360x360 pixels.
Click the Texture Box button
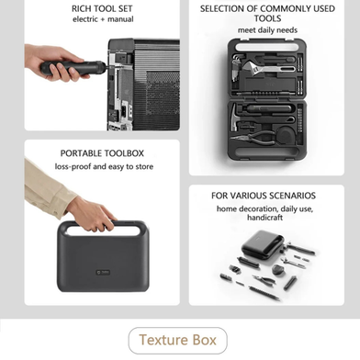(177, 341)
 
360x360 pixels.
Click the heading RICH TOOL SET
(102, 8)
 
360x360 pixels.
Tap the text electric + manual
(103, 19)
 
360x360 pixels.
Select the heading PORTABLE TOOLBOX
(102, 153)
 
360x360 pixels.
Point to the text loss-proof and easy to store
(104, 166)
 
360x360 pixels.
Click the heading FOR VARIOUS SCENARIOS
(264, 196)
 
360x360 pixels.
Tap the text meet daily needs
(267, 30)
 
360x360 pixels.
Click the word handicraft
(265, 218)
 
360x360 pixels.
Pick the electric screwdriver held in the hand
(73, 67)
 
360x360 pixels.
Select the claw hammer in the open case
(236, 118)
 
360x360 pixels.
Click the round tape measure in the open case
(287, 134)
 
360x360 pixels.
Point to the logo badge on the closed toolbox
(103, 272)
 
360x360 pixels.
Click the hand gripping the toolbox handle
(92, 214)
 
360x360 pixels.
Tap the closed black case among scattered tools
(263, 243)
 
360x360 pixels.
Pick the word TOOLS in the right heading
(267, 18)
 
